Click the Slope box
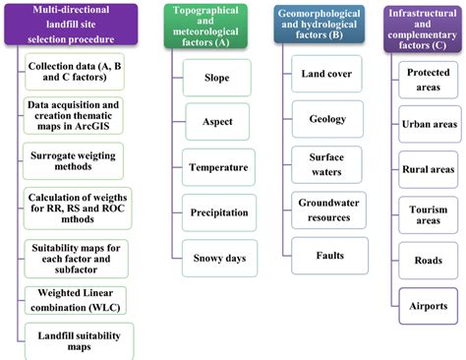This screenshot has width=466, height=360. point(217,77)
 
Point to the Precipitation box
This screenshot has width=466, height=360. point(217,211)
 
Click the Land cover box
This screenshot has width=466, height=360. point(326,73)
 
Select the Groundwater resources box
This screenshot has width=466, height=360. point(326,209)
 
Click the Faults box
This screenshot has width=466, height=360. point(326,255)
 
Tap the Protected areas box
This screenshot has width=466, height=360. point(428,81)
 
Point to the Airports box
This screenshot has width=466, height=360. point(428,306)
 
